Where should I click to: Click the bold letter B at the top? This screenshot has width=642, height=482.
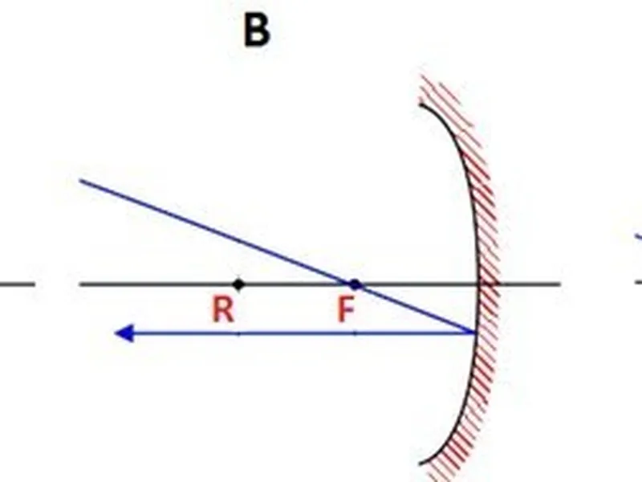257,31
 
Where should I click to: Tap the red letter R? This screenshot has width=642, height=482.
223,310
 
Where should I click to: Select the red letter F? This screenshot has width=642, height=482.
347,310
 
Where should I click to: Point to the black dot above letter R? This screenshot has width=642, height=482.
238,284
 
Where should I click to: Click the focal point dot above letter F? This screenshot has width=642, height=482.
355,284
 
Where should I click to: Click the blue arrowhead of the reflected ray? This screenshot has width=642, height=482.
124,333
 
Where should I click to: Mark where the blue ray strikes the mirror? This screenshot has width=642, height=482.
475,333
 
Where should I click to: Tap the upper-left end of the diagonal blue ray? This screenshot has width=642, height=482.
80,180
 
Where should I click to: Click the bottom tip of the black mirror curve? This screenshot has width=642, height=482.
420,464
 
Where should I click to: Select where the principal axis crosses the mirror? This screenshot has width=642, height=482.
478,284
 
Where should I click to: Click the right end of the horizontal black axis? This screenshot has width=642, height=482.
559,284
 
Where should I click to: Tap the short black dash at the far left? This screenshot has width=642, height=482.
17,284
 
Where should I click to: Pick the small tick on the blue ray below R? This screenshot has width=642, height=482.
239,334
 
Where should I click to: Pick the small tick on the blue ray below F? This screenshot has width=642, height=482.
355,334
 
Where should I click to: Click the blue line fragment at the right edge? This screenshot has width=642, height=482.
639,236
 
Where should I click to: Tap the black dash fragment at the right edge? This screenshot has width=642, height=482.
639,283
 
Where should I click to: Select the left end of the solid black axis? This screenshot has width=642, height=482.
81,284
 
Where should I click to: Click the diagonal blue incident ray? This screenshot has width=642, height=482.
278,256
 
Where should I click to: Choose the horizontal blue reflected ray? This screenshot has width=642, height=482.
295,333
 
